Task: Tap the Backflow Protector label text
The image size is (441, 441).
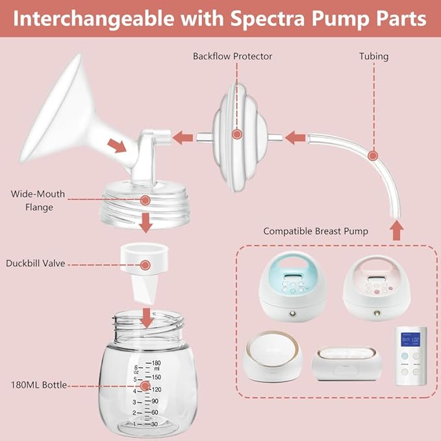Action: pyautogui.click(x=233, y=57)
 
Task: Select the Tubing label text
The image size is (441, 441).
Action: pyautogui.click(x=374, y=57)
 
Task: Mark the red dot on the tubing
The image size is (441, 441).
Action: pyautogui.click(x=373, y=155)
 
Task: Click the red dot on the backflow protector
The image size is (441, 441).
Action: pyautogui.click(x=237, y=134)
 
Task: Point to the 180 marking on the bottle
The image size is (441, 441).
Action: pyautogui.click(x=156, y=363)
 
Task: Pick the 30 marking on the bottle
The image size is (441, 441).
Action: pyautogui.click(x=155, y=424)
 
